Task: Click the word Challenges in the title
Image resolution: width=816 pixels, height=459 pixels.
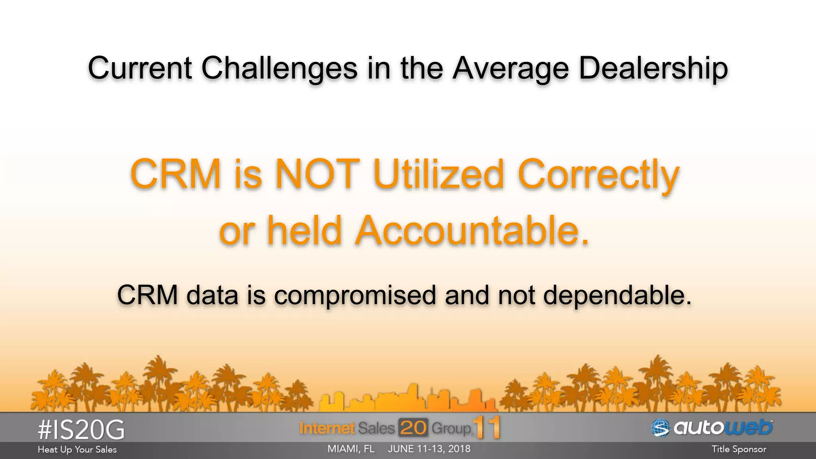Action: point(279,68)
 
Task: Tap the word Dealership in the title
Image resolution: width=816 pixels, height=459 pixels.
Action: point(653,68)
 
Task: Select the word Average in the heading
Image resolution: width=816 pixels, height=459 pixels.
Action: point(511,68)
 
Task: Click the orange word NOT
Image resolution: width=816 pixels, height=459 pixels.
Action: point(318,174)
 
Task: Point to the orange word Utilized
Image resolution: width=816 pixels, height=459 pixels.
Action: point(439,174)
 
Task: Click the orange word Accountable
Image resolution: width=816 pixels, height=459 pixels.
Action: point(472,230)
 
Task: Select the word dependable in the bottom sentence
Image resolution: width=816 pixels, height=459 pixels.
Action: point(617,295)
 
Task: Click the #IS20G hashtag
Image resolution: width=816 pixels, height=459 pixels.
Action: point(81,430)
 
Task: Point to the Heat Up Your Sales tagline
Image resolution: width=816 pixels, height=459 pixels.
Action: point(77,449)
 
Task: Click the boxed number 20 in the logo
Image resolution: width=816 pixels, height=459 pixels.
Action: point(413,428)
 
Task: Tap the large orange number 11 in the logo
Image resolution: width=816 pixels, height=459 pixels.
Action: point(487,428)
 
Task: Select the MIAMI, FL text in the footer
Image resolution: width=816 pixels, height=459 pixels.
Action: point(351,449)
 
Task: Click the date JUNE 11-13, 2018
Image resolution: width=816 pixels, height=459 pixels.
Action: point(429,449)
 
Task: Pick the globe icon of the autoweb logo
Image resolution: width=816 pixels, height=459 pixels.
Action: point(661,428)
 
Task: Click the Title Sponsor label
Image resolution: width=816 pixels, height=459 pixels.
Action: point(739,449)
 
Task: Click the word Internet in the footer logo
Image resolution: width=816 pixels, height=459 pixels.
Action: point(327,428)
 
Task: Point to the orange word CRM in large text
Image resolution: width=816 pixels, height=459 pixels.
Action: point(175,174)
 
